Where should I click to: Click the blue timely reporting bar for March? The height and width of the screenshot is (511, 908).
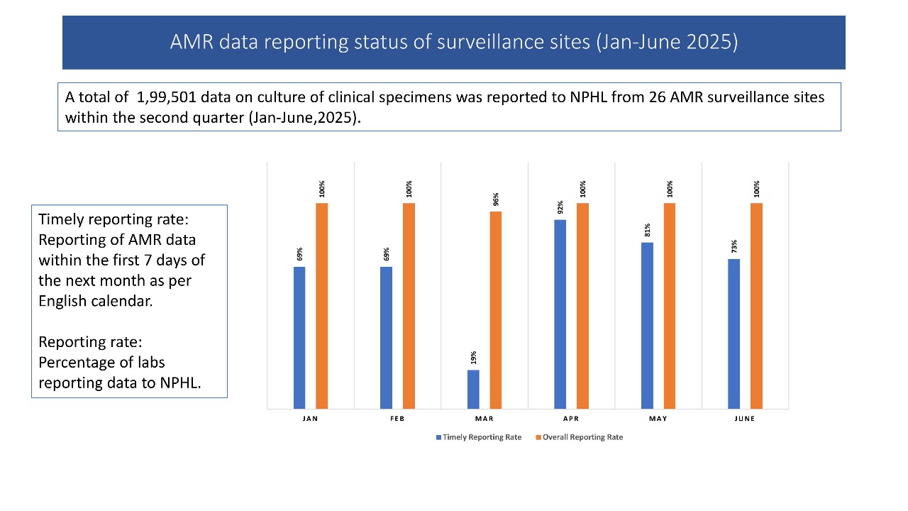click(473, 389)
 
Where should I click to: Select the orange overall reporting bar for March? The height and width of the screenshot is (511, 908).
click(495, 309)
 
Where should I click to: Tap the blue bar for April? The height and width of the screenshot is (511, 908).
click(560, 314)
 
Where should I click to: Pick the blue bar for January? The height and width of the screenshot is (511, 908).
click(299, 337)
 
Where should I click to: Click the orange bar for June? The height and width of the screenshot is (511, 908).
click(756, 305)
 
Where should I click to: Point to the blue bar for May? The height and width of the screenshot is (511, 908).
click(647, 325)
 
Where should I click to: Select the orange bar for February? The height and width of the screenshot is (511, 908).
click(409, 305)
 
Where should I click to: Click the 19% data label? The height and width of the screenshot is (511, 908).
click(473, 358)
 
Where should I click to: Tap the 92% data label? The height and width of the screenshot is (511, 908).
click(560, 207)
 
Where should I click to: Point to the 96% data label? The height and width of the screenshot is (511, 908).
click(496, 199)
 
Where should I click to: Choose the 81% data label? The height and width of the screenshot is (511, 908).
click(647, 231)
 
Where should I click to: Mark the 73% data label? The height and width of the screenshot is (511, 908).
click(734, 246)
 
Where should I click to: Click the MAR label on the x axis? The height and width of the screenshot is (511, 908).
click(485, 419)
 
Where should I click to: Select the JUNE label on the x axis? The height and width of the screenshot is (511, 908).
click(745, 419)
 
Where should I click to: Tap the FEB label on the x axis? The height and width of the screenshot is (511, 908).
click(397, 419)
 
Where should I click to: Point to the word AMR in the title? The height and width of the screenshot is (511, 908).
click(190, 42)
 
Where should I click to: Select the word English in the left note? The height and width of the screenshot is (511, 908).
click(65, 300)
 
